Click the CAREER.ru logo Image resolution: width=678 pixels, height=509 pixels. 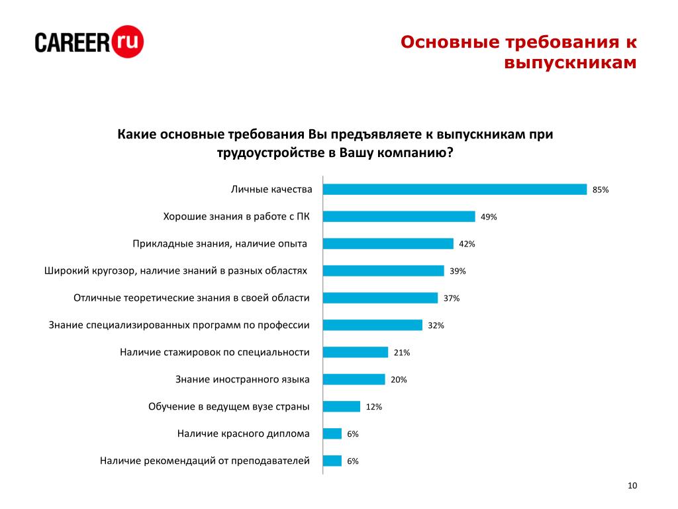click(x=89, y=42)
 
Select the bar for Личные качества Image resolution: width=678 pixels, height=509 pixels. click(x=455, y=190)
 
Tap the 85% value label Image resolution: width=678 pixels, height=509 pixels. click(x=601, y=190)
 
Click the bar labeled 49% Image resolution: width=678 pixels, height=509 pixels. click(x=399, y=217)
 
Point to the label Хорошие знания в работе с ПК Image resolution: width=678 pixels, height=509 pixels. click(x=236, y=217)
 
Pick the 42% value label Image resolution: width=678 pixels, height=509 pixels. click(x=467, y=244)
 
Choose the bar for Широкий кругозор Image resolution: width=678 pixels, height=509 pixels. click(x=383, y=271)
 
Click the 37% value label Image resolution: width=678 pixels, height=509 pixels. click(x=452, y=298)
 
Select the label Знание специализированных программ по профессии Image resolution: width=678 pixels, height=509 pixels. click(x=179, y=325)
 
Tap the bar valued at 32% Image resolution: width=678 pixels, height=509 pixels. click(x=373, y=325)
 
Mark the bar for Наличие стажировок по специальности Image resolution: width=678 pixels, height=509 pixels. click(x=356, y=353)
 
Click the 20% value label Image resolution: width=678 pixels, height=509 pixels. click(x=399, y=380)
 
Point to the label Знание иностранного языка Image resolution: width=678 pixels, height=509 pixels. click(x=242, y=380)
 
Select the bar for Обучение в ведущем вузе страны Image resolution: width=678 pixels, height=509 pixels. click(x=342, y=407)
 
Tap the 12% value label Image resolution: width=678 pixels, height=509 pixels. click(x=374, y=407)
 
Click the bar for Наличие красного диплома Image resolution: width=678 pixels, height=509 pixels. click(x=332, y=434)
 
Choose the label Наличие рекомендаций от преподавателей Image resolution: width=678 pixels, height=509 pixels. click(x=205, y=461)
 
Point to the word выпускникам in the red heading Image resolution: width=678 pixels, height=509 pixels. click(x=570, y=64)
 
